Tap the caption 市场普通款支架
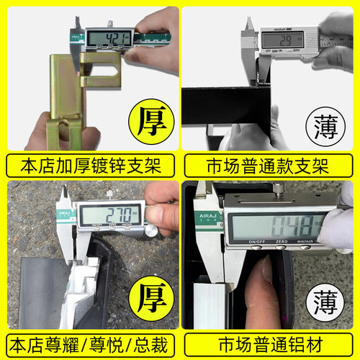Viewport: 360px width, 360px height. click(271, 165)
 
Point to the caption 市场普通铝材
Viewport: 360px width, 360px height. click(271, 341)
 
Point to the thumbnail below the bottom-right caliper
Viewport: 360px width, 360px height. click(268, 276)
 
